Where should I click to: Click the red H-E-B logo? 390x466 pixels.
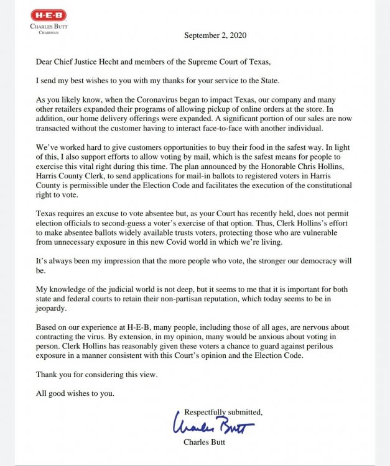click(x=49, y=14)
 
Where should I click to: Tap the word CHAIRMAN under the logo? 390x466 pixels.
click(x=49, y=32)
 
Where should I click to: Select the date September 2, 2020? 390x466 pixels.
click(x=215, y=35)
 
